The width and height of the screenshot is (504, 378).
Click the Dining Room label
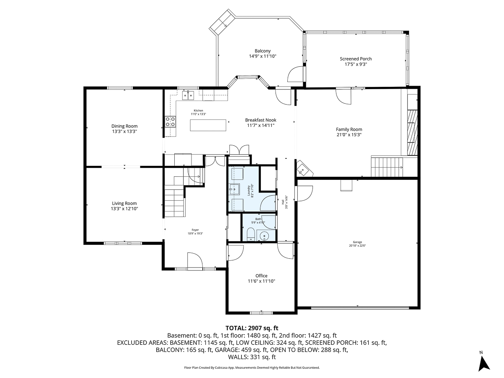click(124, 126)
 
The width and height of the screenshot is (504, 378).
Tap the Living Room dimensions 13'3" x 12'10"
click(124, 209)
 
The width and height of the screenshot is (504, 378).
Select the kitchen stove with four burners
click(171, 122)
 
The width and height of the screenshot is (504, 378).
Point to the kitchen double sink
click(188, 96)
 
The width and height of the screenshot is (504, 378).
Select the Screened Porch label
click(356, 59)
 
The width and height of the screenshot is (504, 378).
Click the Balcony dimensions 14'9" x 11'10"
click(262, 56)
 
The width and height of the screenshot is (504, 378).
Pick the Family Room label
click(349, 129)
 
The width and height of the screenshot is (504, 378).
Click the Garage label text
click(357, 242)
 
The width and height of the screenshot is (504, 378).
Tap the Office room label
click(261, 276)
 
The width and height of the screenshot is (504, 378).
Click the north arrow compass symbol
click(484, 362)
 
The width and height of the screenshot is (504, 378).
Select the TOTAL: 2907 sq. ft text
click(252, 328)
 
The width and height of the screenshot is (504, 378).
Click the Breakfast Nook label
click(261, 120)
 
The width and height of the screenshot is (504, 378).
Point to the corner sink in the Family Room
click(303, 169)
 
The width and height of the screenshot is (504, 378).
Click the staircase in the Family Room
click(387, 166)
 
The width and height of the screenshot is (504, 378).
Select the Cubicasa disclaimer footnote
click(252, 367)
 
